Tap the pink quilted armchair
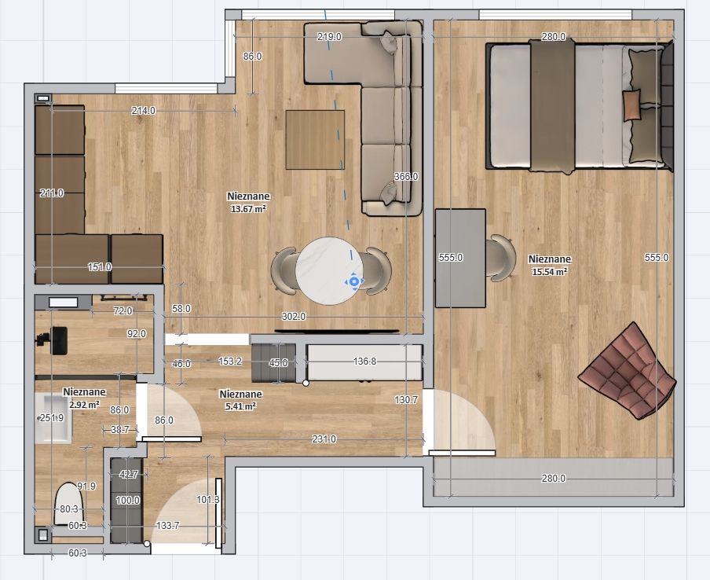(x=628, y=371)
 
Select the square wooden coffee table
(x=315, y=140)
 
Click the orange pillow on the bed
(x=632, y=105)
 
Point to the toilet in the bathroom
(x=69, y=504)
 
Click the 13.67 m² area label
(x=248, y=209)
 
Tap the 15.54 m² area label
(x=550, y=272)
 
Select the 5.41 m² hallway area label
(x=240, y=406)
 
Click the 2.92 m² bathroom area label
(x=84, y=404)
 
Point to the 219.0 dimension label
(x=329, y=37)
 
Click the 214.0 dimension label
(x=144, y=110)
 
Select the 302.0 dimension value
(x=294, y=316)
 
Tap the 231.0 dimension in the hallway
(x=324, y=439)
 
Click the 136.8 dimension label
(x=364, y=362)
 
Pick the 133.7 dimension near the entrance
(x=167, y=525)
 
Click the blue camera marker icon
(x=354, y=282)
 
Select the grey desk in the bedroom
(x=460, y=258)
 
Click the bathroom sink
(x=53, y=418)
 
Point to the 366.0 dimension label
(x=406, y=176)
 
